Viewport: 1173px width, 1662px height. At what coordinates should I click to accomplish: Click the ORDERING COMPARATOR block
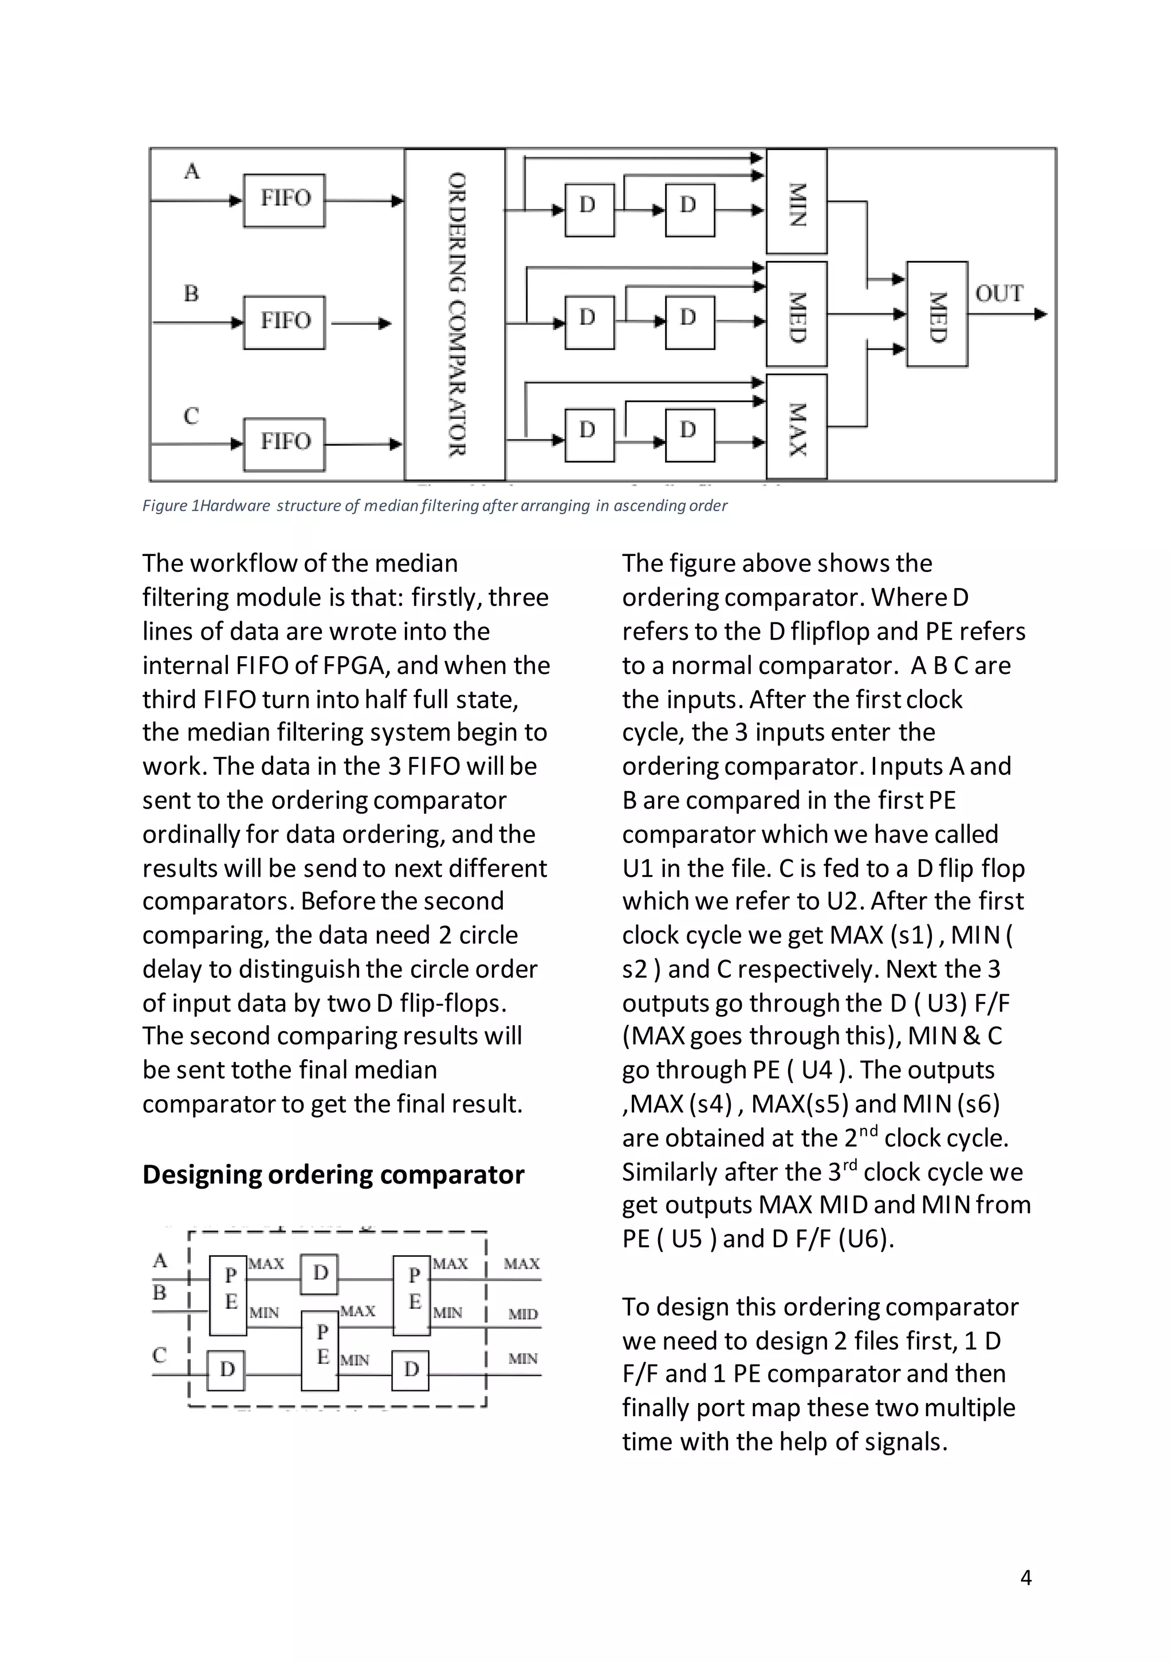454,314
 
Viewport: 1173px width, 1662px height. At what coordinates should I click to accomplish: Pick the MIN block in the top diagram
796,202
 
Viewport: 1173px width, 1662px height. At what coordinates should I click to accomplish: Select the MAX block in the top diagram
796,427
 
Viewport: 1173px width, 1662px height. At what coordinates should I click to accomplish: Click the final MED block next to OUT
937,314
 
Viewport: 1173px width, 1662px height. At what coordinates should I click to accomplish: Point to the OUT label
999,293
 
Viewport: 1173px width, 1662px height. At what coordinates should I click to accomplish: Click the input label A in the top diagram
192,171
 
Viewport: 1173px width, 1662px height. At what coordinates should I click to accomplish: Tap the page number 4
1025,1577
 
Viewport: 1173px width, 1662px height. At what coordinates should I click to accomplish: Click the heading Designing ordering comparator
333,1174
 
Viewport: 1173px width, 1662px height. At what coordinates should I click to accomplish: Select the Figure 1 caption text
434,505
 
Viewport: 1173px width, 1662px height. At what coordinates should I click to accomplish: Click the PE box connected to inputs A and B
228,1296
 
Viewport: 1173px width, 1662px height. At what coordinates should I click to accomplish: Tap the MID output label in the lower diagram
522,1314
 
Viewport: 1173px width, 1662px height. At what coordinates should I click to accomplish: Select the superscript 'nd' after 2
868,1131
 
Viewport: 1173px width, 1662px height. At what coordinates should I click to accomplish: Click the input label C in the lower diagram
160,1355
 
